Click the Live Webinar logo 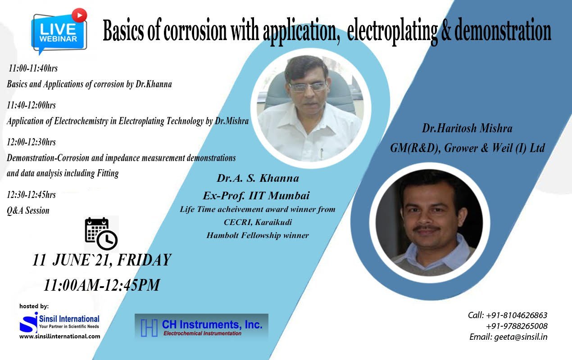(x=59, y=32)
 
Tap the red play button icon (x=79, y=15)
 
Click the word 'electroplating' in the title (x=392, y=32)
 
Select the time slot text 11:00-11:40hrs (x=33, y=68)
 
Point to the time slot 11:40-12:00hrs (x=31, y=105)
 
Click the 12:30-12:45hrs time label (x=31, y=195)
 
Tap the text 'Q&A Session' (x=28, y=211)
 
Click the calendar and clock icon (x=101, y=234)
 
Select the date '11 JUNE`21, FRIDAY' (x=102, y=260)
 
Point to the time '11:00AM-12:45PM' (x=102, y=285)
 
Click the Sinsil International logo (x=59, y=322)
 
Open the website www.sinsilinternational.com (x=60, y=337)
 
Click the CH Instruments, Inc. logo (x=201, y=326)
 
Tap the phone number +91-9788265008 (x=517, y=326)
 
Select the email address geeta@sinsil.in (x=521, y=337)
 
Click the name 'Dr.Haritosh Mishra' (x=467, y=128)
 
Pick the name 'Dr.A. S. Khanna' (x=258, y=178)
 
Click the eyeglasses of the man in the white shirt (x=308, y=87)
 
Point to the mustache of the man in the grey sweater (x=427, y=228)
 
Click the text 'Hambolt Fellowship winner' (x=258, y=235)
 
